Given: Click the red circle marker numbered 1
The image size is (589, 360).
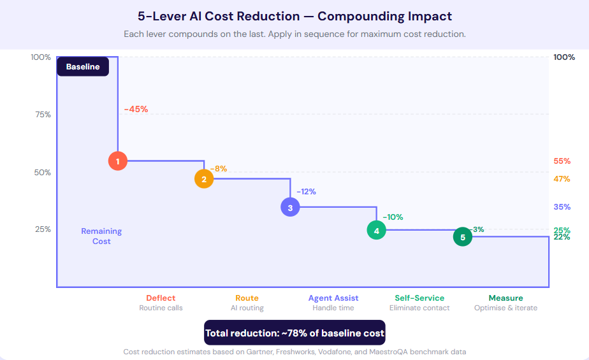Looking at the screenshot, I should [118, 161].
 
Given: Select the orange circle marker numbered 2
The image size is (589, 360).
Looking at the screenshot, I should [204, 179].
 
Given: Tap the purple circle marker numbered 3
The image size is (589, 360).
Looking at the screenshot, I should [290, 207].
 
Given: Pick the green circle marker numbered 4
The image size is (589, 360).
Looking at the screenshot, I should [377, 230].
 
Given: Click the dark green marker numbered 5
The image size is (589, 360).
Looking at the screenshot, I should [463, 237].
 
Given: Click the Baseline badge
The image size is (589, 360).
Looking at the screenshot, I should [83, 66].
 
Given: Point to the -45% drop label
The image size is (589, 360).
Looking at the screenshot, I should [136, 109].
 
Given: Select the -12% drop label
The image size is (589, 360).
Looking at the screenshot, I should [306, 191].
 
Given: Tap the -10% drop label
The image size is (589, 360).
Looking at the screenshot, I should [393, 217].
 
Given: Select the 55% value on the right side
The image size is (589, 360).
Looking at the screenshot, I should [562, 161].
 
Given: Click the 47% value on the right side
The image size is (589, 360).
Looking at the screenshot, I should [562, 179].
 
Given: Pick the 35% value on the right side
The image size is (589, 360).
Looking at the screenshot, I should [562, 207].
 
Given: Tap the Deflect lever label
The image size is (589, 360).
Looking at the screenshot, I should [161, 298].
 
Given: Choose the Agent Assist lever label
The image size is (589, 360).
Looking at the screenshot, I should [333, 298].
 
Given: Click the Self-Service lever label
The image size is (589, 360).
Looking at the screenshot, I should [419, 298].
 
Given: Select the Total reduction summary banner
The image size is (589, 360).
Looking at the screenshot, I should [294, 333].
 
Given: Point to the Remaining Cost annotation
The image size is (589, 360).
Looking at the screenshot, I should [101, 236].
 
